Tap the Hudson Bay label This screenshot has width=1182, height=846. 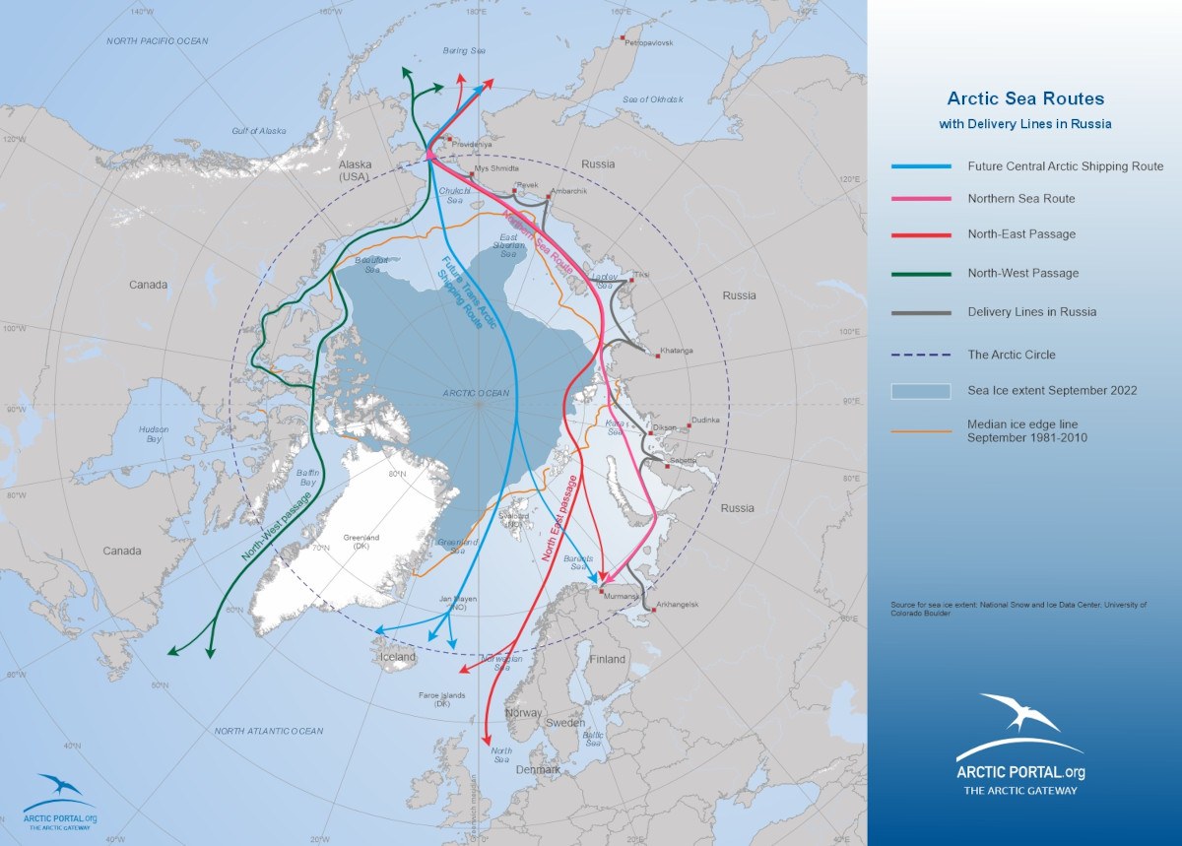click(x=154, y=434)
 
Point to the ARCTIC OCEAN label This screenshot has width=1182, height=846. click(x=476, y=393)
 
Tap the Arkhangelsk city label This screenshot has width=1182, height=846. click(x=677, y=604)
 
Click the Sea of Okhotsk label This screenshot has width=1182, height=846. click(x=652, y=99)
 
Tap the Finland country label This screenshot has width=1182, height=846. click(x=608, y=659)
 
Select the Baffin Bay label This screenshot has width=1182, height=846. click(x=307, y=479)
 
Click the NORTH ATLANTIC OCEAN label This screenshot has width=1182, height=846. click(x=269, y=731)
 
